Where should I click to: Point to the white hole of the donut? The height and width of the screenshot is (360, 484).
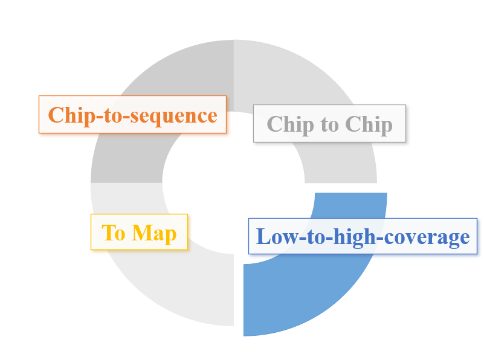point(234,183)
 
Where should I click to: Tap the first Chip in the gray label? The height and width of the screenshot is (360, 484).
point(290,124)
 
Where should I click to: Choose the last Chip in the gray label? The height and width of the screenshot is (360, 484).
point(369,124)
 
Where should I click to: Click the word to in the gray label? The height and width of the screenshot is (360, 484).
point(330,125)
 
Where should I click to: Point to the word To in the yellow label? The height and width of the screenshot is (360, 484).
point(114,233)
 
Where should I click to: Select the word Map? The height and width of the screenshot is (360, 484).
point(154,234)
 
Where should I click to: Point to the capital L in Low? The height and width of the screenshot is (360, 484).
point(263,237)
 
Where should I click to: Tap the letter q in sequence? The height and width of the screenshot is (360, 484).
point(160,118)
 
